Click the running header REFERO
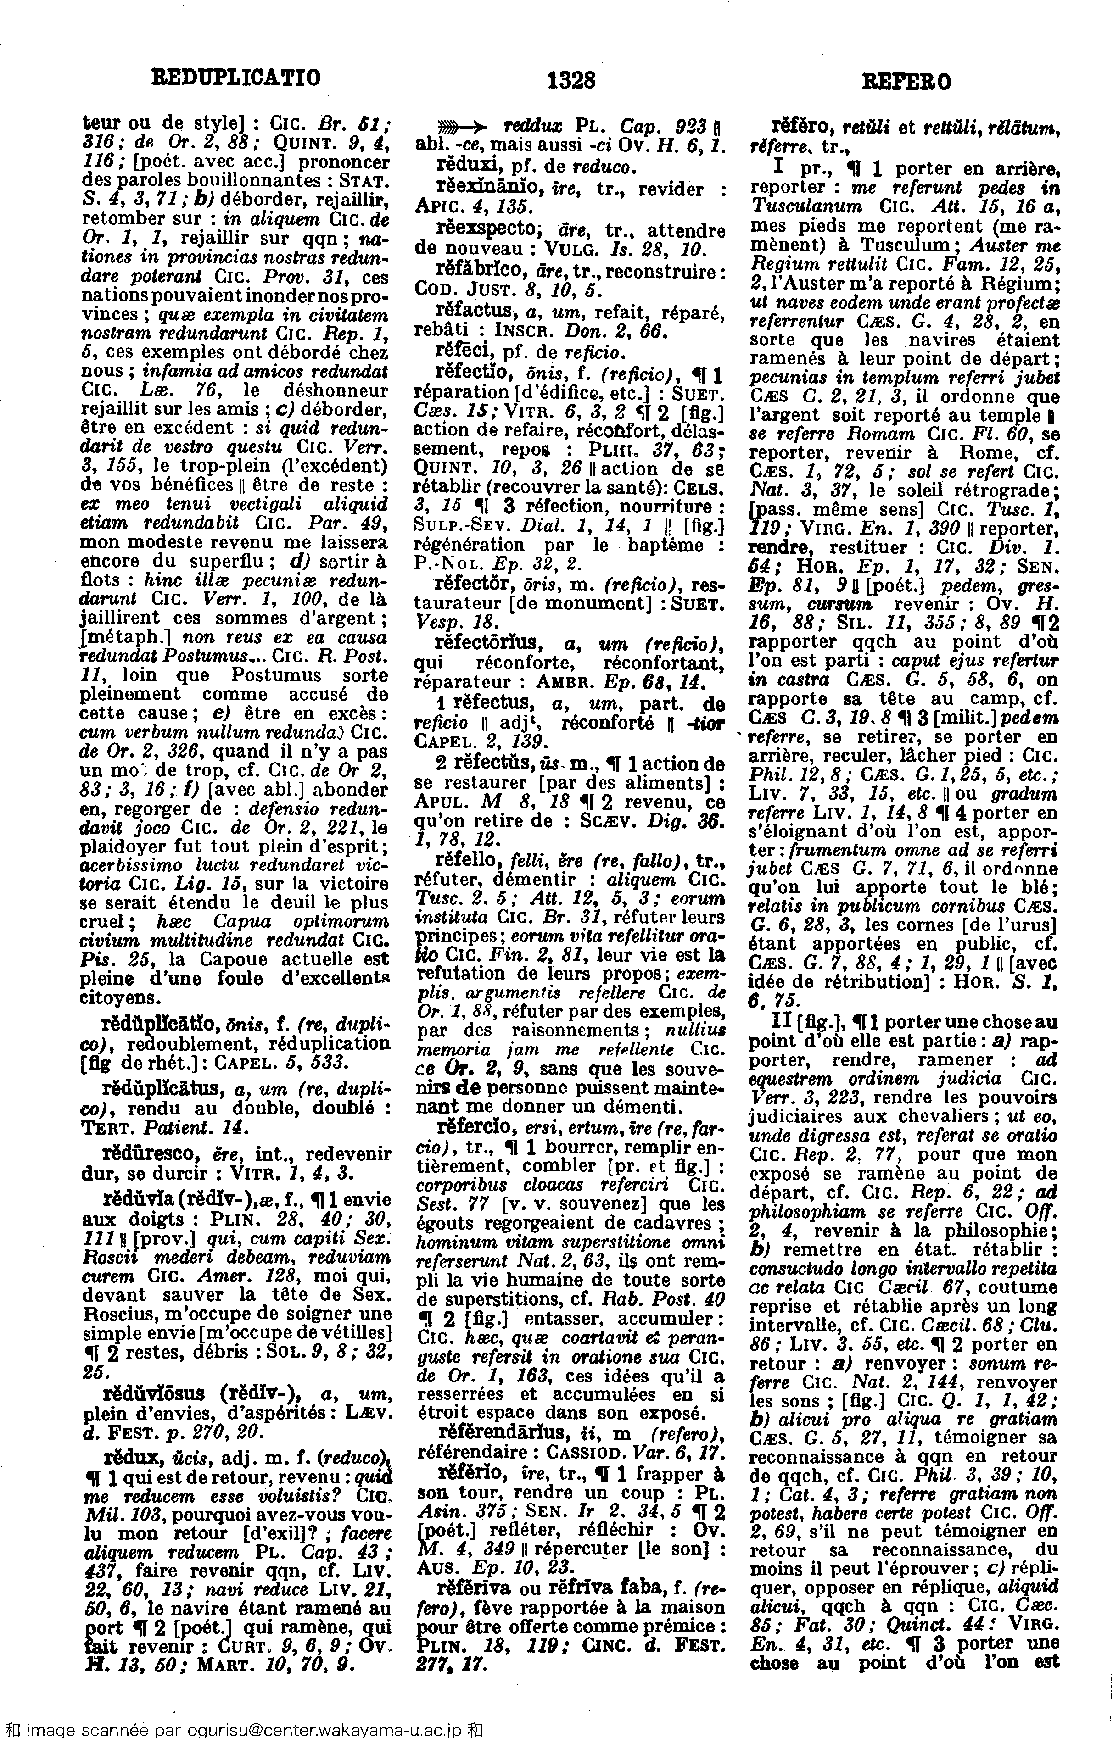coord(907,82)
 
